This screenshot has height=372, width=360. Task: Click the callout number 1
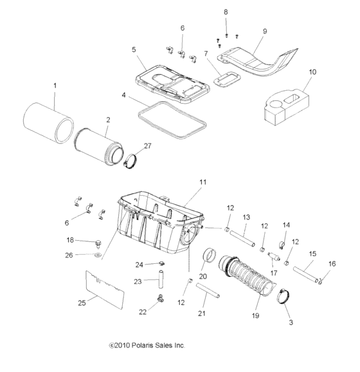[55, 86]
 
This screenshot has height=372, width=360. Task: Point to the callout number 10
[312, 72]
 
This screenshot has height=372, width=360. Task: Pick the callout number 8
[226, 12]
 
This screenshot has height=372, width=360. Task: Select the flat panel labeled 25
[105, 290]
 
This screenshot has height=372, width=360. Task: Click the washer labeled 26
[98, 255]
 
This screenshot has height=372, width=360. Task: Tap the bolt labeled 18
[98, 244]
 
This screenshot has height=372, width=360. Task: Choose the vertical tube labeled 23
[161, 279]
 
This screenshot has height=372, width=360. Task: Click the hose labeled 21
[208, 291]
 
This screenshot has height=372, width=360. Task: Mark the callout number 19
[255, 316]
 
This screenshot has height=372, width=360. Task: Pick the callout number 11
[203, 182]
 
